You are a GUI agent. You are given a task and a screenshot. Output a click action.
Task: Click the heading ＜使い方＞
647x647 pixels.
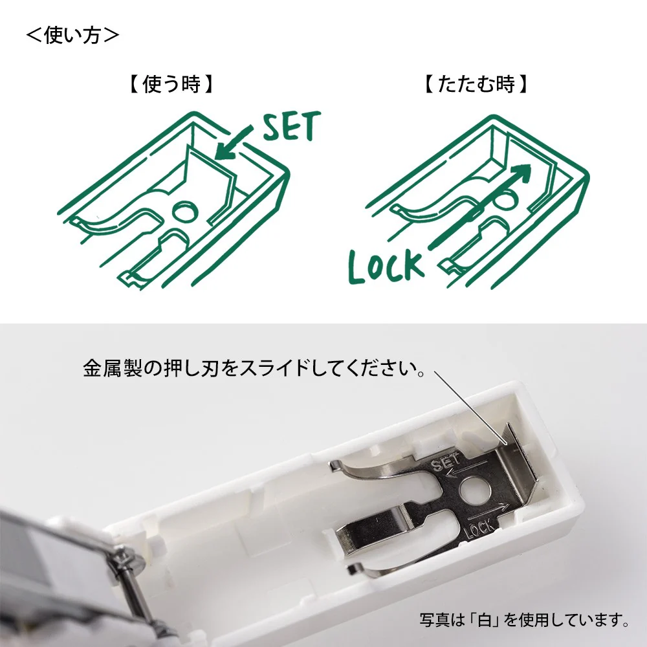[72, 35]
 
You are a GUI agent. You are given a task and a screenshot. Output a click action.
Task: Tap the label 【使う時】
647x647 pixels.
[171, 84]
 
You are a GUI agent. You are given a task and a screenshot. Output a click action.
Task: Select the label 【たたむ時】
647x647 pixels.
[476, 84]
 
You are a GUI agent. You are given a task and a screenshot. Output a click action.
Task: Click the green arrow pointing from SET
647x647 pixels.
[234, 143]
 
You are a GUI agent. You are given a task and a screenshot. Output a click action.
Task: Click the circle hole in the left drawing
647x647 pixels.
[185, 212]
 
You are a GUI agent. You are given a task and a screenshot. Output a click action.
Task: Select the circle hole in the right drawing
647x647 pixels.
[505, 201]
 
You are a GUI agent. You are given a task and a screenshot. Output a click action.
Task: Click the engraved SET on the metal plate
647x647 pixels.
[445, 463]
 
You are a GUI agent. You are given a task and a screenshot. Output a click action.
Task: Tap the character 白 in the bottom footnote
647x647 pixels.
[485, 620]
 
